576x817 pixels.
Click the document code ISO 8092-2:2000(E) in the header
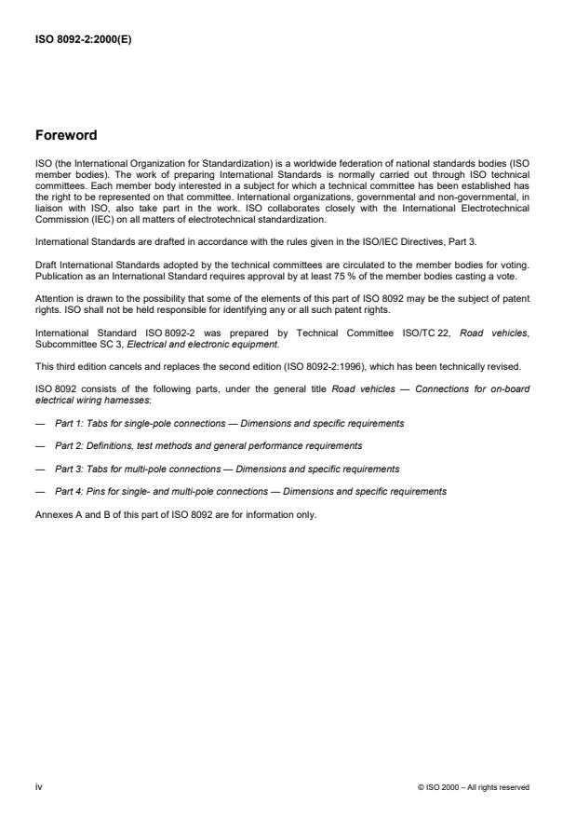click(x=84, y=39)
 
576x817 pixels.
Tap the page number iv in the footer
click(x=38, y=786)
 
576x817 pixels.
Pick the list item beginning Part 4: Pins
click(x=250, y=490)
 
